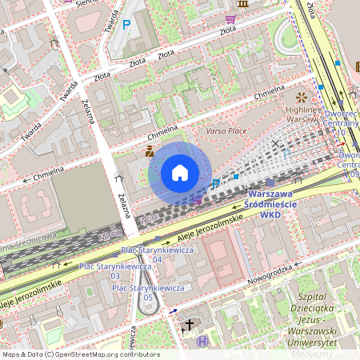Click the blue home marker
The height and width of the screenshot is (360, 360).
(x=180, y=172)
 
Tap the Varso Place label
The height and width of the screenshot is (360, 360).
(x=226, y=130)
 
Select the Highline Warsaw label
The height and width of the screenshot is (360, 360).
(x=302, y=114)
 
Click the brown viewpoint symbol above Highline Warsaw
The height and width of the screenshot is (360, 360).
(x=301, y=97)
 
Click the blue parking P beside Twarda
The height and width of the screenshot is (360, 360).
(x=126, y=25)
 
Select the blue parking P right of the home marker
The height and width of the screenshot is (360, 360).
(x=214, y=184)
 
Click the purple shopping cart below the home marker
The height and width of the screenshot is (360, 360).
(x=198, y=198)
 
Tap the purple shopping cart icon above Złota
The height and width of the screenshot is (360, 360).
(x=230, y=18)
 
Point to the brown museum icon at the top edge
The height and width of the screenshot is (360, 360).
(x=243, y=5)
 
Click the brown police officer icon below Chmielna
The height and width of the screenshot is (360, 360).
(x=150, y=150)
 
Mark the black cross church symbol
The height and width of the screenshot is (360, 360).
(x=190, y=324)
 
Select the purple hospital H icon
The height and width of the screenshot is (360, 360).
(x=202, y=342)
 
